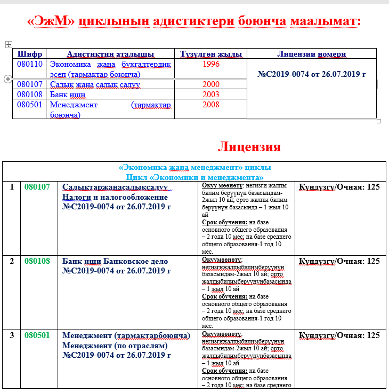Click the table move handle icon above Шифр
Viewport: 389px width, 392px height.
coord(9,45)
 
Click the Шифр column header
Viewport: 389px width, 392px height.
coord(30,54)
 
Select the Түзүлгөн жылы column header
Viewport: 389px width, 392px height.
coord(211,54)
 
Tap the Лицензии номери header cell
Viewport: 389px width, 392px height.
coord(312,54)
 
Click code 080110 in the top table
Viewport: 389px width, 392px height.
coord(30,64)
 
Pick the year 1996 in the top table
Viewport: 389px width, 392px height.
coord(211,64)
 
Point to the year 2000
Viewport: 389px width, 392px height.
coord(211,84)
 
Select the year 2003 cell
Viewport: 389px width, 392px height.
coord(211,95)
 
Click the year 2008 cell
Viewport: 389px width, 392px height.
coord(211,105)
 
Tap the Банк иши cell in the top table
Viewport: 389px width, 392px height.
coord(64,95)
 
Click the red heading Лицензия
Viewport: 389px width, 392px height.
coord(249,146)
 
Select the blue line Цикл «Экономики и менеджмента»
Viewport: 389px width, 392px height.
coord(194,176)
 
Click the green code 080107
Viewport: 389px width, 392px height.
coord(37,187)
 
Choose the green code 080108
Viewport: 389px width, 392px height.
coord(37,261)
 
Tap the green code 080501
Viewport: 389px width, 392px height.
coord(37,335)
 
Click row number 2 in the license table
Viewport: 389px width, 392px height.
coord(12,261)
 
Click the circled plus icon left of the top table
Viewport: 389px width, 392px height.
coord(7,79)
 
